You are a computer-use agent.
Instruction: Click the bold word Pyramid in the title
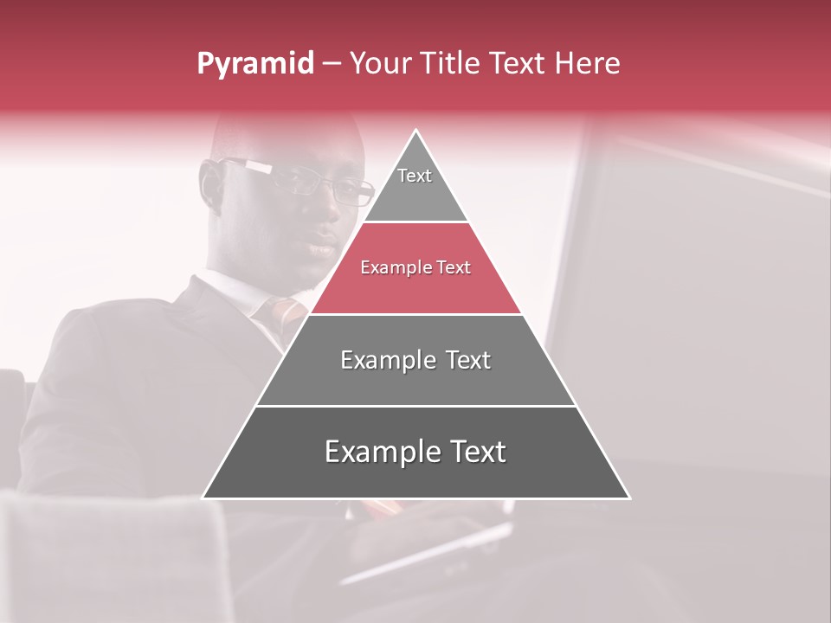(254, 64)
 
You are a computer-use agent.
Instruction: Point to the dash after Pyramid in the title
(331, 64)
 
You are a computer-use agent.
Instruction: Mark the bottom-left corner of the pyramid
(204, 498)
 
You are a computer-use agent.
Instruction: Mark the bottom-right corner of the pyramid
(628, 498)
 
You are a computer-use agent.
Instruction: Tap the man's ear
(210, 183)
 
